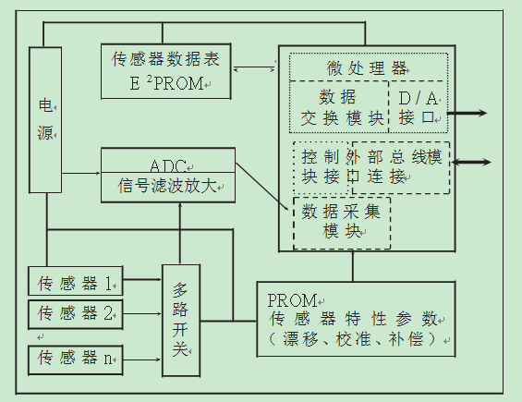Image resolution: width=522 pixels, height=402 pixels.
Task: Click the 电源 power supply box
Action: click(x=44, y=120)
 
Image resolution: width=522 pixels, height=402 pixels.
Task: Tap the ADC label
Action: click(x=167, y=165)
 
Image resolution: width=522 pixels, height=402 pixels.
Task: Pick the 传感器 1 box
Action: click(x=75, y=280)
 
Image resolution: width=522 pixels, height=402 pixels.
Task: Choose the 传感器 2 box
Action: click(x=75, y=313)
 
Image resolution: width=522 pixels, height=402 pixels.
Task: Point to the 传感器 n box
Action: click(x=75, y=356)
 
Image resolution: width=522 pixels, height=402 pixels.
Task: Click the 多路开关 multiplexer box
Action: click(x=181, y=320)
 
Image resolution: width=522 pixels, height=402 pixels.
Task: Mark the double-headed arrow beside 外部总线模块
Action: click(x=472, y=162)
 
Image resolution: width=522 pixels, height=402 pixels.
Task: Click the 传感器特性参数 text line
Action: click(x=357, y=320)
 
